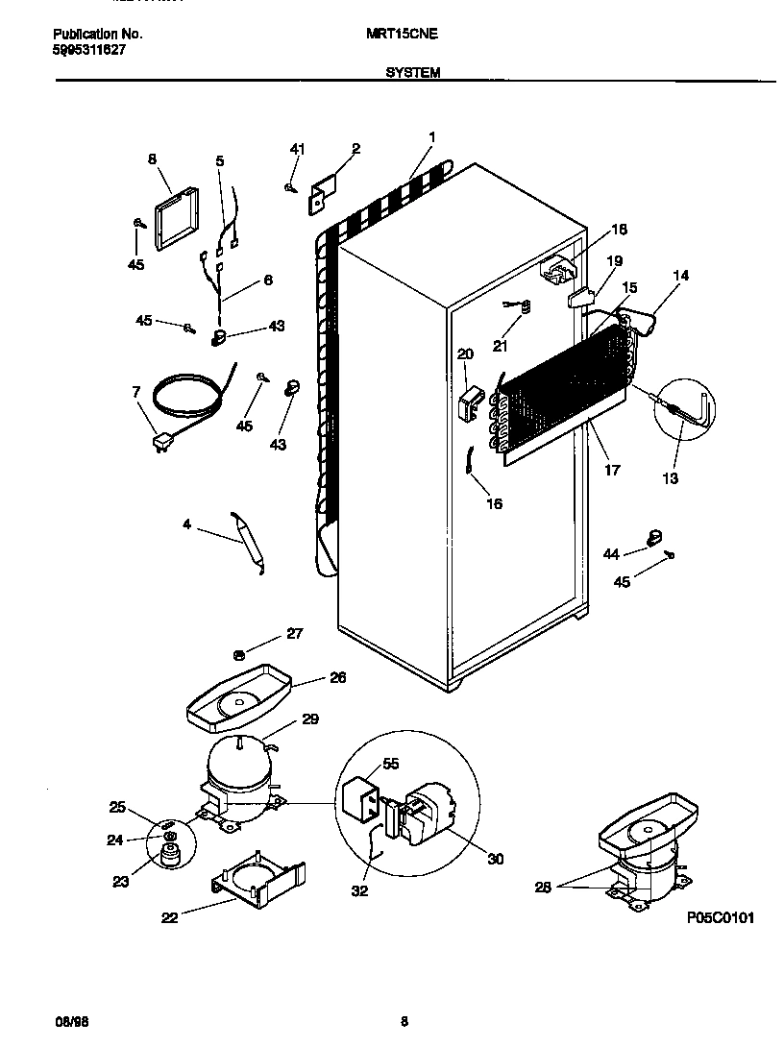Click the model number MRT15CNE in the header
(402, 34)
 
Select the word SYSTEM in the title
(413, 72)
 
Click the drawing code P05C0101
(721, 918)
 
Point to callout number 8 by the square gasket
(152, 160)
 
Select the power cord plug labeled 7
(161, 441)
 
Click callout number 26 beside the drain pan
(337, 677)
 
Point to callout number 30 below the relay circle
(496, 859)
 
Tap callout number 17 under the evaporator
(612, 470)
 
